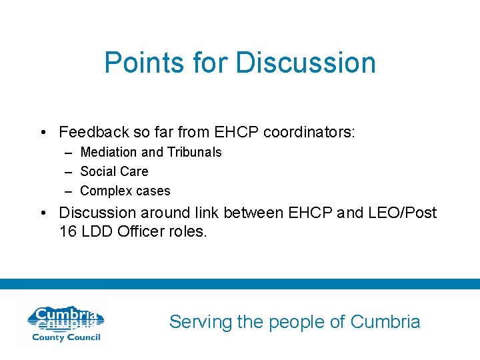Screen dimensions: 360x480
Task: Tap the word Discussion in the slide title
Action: click(305, 63)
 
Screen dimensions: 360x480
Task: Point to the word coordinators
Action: click(309, 132)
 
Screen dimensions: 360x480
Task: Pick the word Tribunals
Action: click(194, 152)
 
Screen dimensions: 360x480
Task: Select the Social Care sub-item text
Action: click(114, 171)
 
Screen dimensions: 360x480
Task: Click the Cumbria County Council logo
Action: click(65, 323)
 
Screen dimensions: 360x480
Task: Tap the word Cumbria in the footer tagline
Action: click(385, 322)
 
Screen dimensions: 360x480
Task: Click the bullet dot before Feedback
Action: click(43, 133)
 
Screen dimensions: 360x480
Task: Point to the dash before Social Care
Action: click(69, 171)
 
